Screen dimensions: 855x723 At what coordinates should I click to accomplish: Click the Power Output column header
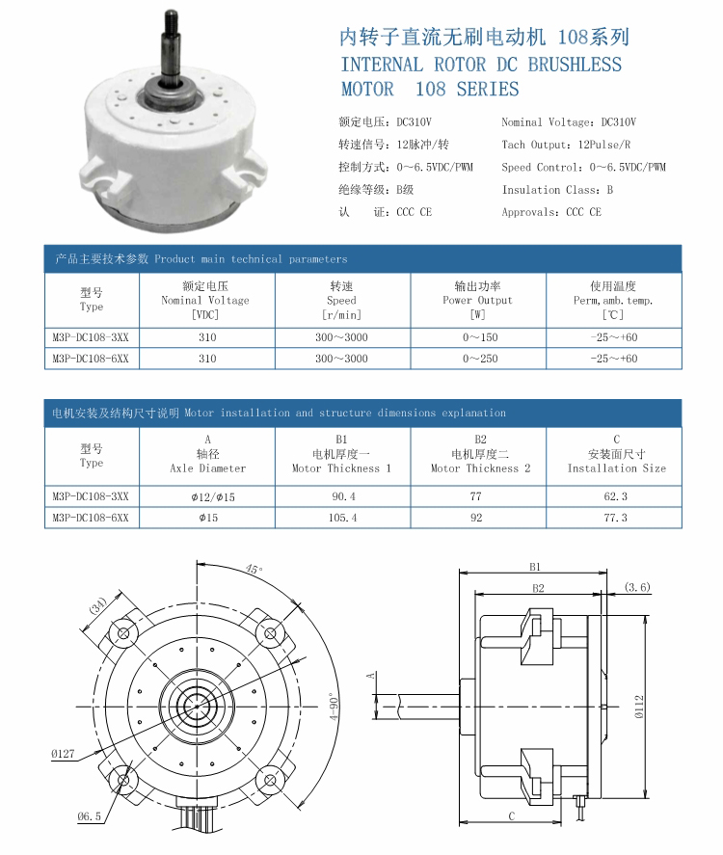(477, 300)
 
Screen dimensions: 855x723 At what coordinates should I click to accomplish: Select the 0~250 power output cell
(477, 359)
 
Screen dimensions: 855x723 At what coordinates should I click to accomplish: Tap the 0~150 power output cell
(477, 337)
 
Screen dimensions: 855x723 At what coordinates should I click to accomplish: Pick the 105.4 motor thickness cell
(342, 518)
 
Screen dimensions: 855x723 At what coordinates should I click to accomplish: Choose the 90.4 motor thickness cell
(342, 496)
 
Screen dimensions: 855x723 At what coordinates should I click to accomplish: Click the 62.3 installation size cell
(615, 496)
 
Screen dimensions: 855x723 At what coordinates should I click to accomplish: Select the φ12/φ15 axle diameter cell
(207, 496)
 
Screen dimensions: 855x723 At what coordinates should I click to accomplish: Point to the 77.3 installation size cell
(615, 518)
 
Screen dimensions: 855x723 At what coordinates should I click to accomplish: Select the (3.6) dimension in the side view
(638, 587)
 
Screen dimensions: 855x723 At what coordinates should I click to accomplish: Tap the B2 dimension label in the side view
(537, 588)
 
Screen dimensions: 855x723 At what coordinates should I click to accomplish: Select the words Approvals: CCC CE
(550, 212)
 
